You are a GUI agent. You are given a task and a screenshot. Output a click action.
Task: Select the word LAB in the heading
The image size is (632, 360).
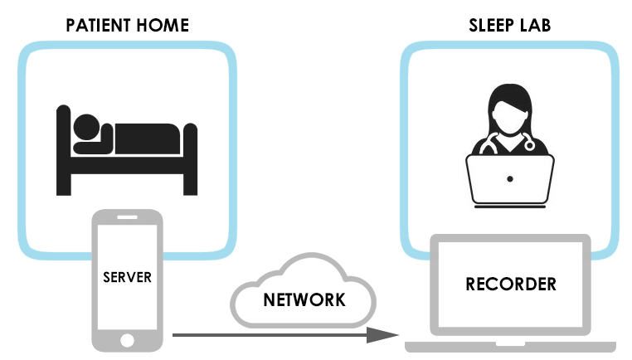pyautogui.click(x=534, y=26)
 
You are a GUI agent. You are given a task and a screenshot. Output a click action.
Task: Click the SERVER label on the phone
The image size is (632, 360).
pyautogui.click(x=127, y=276)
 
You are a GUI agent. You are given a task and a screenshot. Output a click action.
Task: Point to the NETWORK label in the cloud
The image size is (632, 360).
pyautogui.click(x=304, y=299)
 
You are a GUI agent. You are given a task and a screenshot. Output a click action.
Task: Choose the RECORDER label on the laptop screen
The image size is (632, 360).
pyautogui.click(x=511, y=285)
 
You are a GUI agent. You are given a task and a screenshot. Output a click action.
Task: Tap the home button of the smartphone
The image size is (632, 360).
pyautogui.click(x=127, y=340)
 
